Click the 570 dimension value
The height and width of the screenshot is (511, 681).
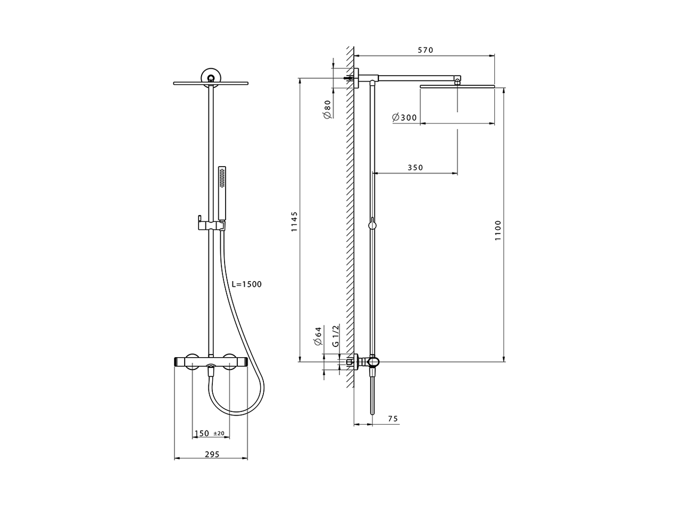(x=425, y=50)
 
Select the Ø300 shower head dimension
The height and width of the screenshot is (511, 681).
(x=404, y=118)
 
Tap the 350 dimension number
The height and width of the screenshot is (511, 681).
(x=415, y=168)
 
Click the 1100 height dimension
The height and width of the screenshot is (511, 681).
(x=498, y=230)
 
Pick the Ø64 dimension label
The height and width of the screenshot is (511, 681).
(x=318, y=335)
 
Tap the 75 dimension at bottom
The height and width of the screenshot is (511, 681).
(x=393, y=419)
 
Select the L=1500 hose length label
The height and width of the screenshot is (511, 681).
(x=247, y=284)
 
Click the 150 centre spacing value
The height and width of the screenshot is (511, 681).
(x=202, y=433)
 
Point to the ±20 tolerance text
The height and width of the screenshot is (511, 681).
(x=219, y=434)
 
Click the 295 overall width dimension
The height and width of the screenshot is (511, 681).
(x=211, y=454)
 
